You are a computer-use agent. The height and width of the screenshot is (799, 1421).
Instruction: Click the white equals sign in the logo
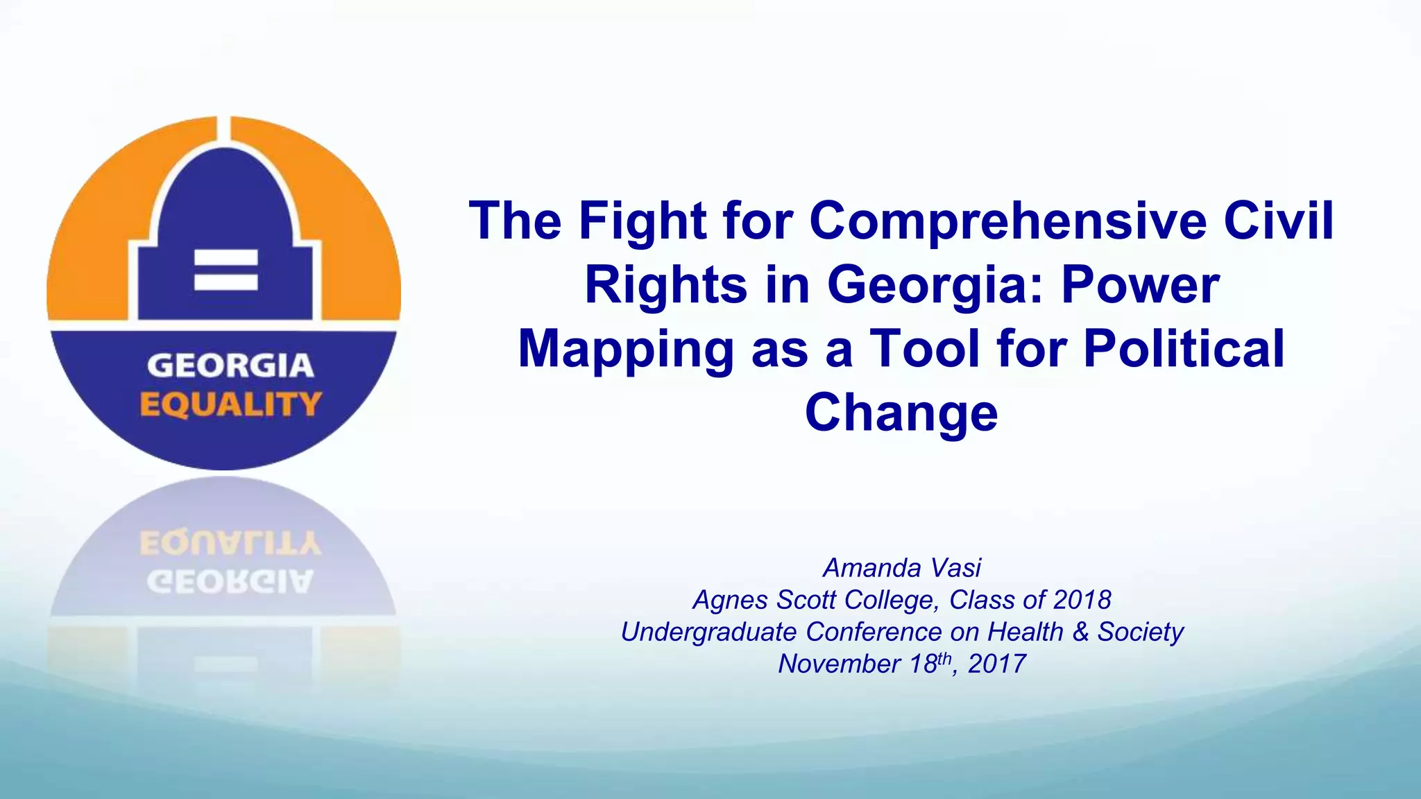pos(226,269)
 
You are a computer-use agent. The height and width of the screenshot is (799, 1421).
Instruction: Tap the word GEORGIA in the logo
pos(230,366)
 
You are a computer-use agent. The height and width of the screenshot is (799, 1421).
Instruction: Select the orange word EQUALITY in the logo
pos(230,404)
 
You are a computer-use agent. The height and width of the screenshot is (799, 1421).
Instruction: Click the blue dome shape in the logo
pos(224,208)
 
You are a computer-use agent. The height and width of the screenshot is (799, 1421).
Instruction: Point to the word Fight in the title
pos(643,221)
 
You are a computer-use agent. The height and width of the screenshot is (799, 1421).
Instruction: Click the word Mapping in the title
pos(626,350)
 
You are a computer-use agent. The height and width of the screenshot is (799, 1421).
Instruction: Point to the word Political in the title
pos(1184,348)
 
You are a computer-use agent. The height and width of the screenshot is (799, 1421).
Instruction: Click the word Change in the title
pos(901,413)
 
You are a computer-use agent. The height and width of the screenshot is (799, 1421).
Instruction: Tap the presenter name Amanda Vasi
pos(902,568)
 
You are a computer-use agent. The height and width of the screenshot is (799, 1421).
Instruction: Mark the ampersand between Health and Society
pos(1081,632)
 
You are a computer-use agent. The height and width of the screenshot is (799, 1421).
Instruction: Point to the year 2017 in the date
pos(997,664)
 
